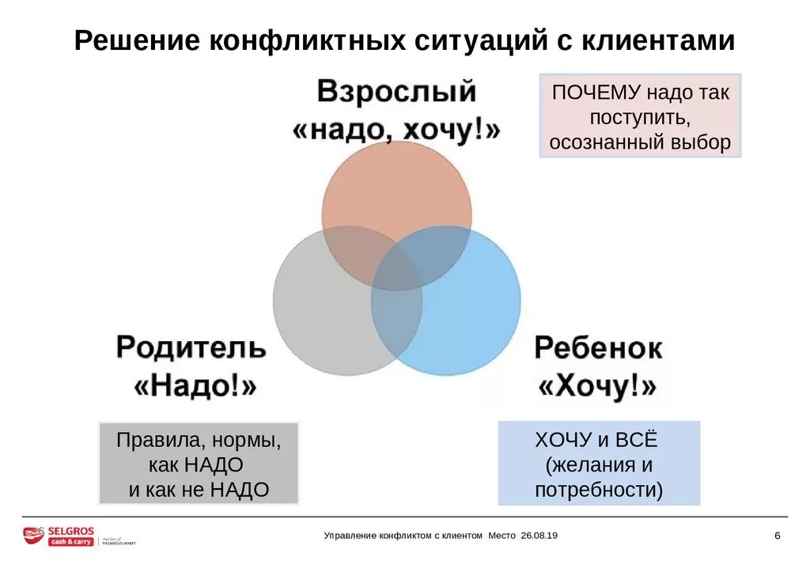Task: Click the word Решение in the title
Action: tap(135, 42)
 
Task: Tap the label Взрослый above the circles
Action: tap(397, 92)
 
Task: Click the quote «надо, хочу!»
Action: tap(397, 130)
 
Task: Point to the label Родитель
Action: tap(191, 347)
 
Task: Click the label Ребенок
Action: tap(598, 348)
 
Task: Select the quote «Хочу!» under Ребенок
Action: tap(598, 387)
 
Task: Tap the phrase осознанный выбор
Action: tap(641, 143)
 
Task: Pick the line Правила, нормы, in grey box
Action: tap(198, 440)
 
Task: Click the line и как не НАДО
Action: tap(199, 490)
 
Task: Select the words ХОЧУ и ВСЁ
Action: tap(596, 440)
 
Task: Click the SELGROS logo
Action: tap(59, 536)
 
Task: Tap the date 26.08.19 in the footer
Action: tap(539, 536)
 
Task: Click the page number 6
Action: tap(778, 536)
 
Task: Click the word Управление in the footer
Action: tap(350, 536)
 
